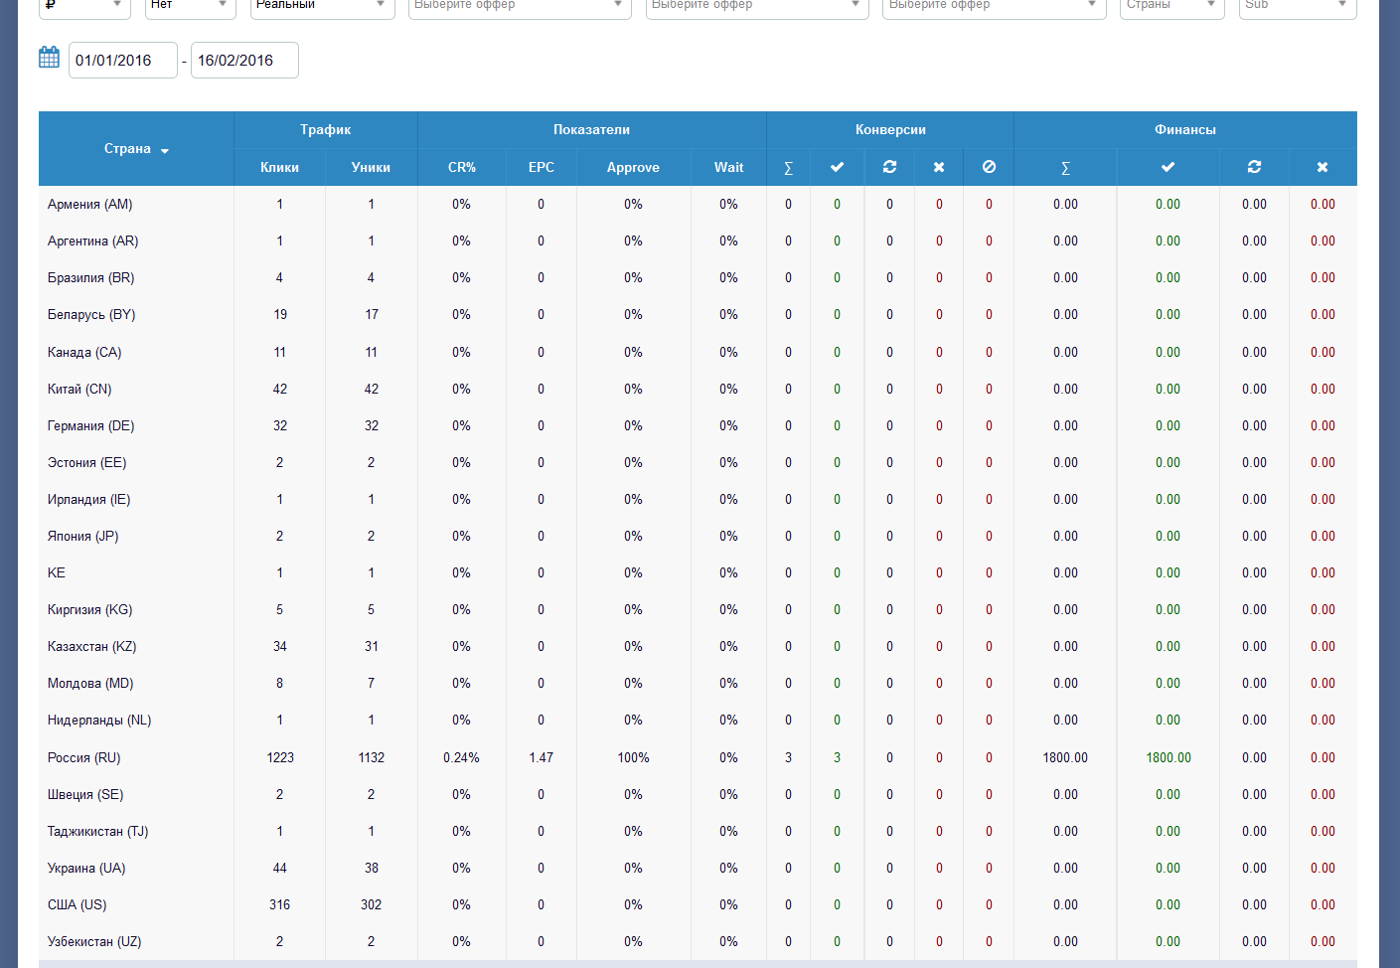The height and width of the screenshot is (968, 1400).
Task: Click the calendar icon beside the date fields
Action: click(49, 58)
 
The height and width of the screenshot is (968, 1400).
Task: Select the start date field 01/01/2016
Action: click(122, 61)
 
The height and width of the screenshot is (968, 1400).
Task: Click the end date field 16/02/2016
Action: click(244, 61)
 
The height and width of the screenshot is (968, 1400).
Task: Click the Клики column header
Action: click(279, 168)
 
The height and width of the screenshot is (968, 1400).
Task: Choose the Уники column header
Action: click(371, 168)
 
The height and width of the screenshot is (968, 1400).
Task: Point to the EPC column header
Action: click(542, 168)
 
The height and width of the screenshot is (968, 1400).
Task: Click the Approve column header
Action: click(633, 168)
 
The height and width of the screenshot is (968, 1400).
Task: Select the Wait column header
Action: click(728, 168)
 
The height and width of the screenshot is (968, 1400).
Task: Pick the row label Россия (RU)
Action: click(84, 757)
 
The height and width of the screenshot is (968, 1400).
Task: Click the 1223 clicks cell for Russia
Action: click(280, 757)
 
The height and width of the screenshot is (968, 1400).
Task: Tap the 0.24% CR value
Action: click(461, 757)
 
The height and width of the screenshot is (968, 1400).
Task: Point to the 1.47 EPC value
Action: click(542, 757)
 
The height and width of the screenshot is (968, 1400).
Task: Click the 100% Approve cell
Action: click(633, 757)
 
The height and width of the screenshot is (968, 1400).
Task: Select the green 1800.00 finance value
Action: click(1168, 757)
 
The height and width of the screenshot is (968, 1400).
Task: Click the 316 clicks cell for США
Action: click(280, 904)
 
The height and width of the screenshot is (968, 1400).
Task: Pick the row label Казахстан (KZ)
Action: click(92, 646)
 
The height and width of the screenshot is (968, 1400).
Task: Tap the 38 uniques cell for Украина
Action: click(371, 868)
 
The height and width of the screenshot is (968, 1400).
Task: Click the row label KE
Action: click(57, 572)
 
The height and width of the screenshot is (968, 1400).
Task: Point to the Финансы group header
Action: click(1184, 130)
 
